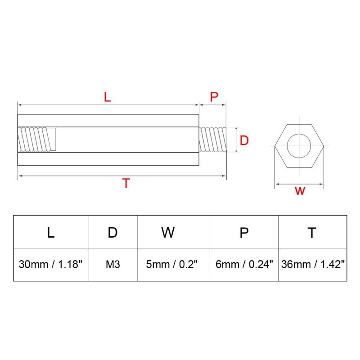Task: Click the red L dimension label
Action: pyautogui.click(x=107, y=97)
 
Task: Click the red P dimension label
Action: pyautogui.click(x=214, y=97)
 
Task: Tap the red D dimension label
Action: pyautogui.click(x=244, y=140)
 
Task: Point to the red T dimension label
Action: pyautogui.click(x=126, y=183)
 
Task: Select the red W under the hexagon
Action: pyautogui.click(x=300, y=191)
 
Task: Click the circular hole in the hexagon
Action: pyautogui.click(x=299, y=146)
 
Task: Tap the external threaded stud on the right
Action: pyautogui.click(x=212, y=139)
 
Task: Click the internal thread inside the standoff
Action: pyautogui.click(x=37, y=139)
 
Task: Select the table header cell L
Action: pyautogui.click(x=51, y=232)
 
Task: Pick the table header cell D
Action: pyautogui.click(x=113, y=232)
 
